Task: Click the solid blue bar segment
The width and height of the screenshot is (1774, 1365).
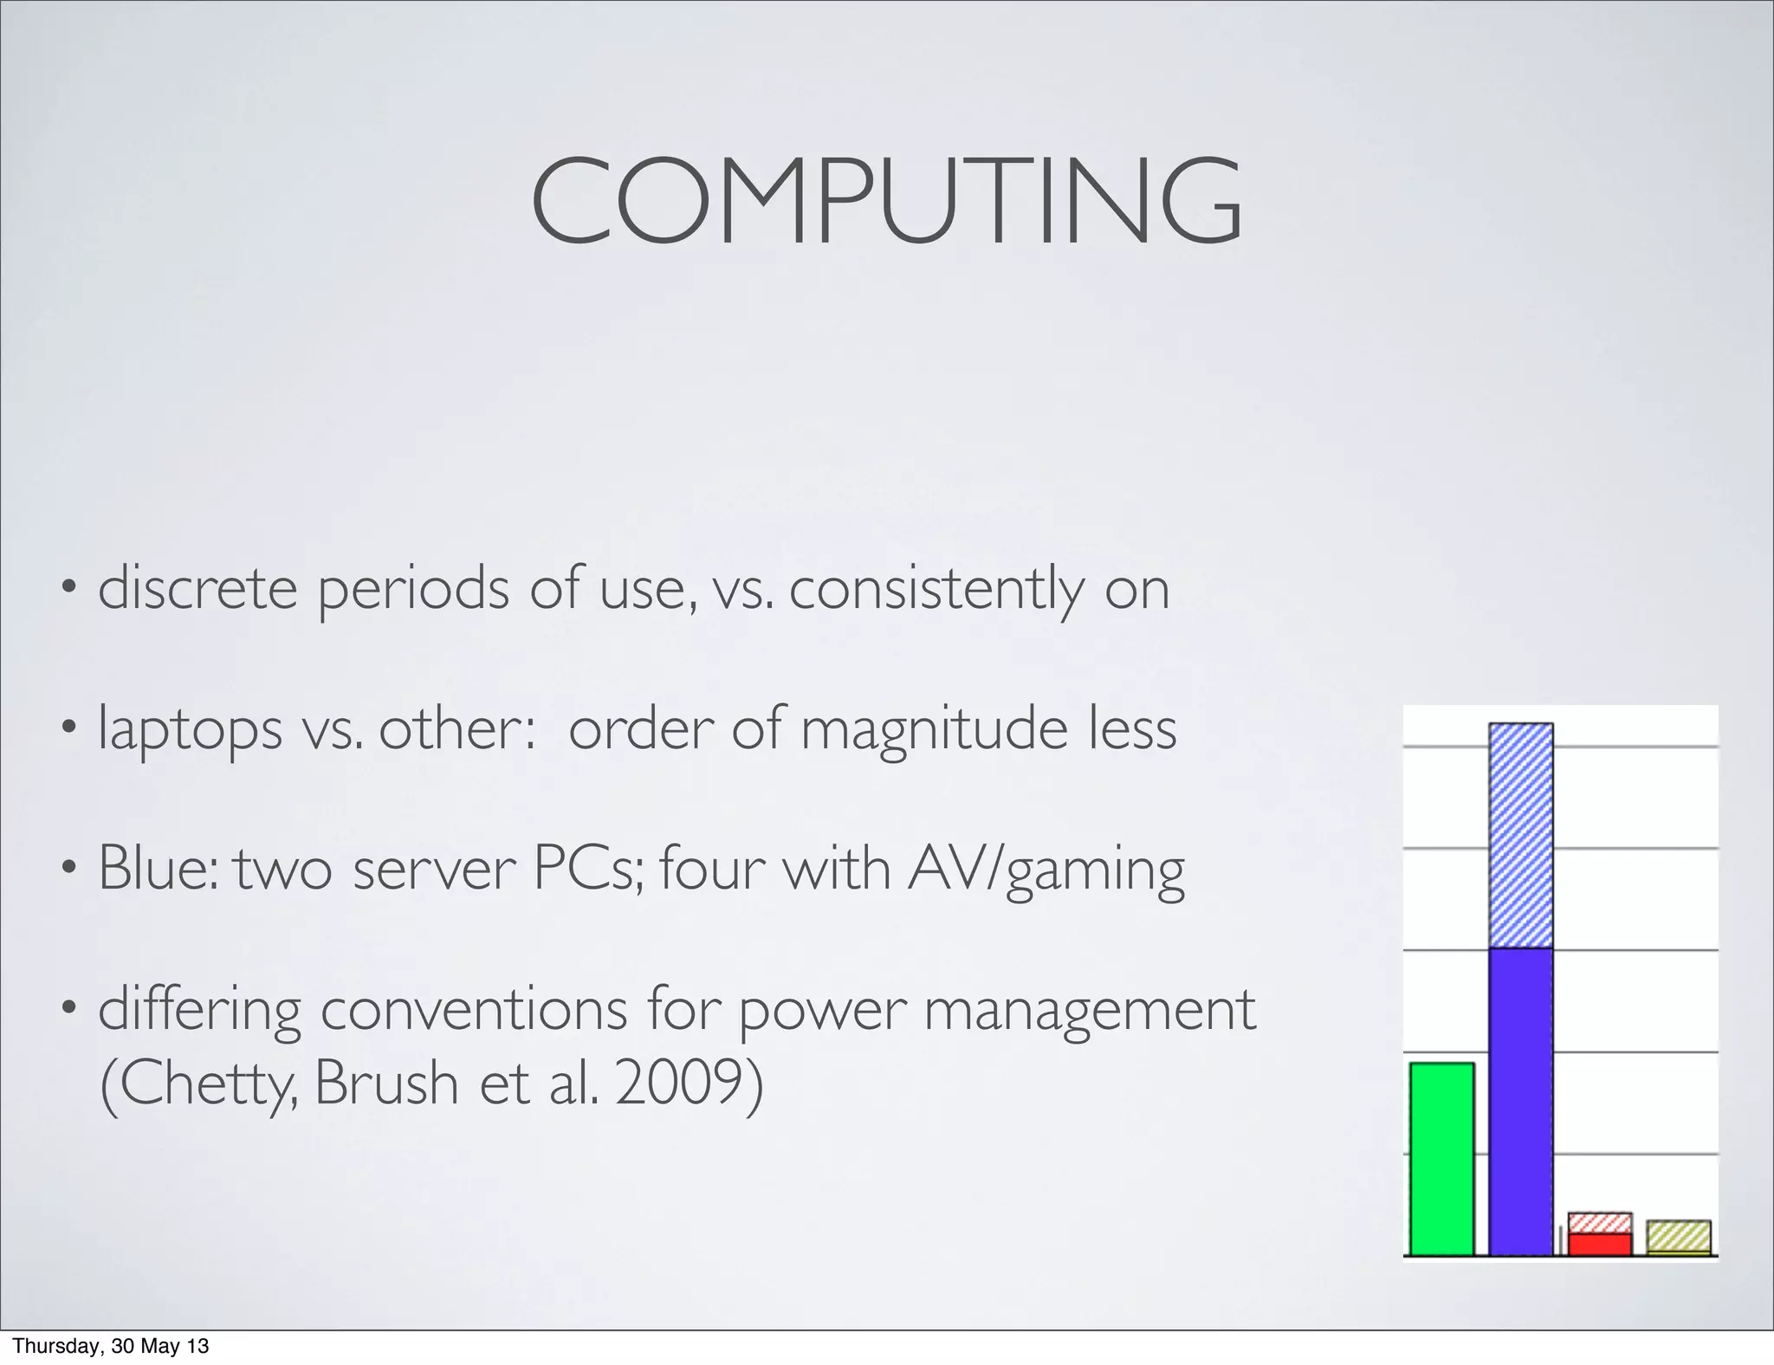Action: click(1520, 1100)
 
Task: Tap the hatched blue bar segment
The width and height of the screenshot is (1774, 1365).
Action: click(1520, 836)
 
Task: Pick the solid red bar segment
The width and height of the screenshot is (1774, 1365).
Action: click(1599, 1244)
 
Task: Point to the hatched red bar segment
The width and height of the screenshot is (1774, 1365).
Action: click(1599, 1223)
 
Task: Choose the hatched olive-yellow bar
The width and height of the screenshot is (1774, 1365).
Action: click(1678, 1236)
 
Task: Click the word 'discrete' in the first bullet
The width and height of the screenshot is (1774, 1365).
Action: click(198, 588)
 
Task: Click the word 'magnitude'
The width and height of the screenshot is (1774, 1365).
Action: click(933, 729)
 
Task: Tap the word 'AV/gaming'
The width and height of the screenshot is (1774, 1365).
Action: click(1046, 869)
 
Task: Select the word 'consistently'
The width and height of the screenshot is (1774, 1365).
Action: click(936, 588)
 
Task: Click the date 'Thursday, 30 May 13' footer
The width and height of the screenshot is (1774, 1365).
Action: click(111, 1347)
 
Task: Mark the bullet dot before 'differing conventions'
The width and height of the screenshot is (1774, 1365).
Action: click(68, 1007)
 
